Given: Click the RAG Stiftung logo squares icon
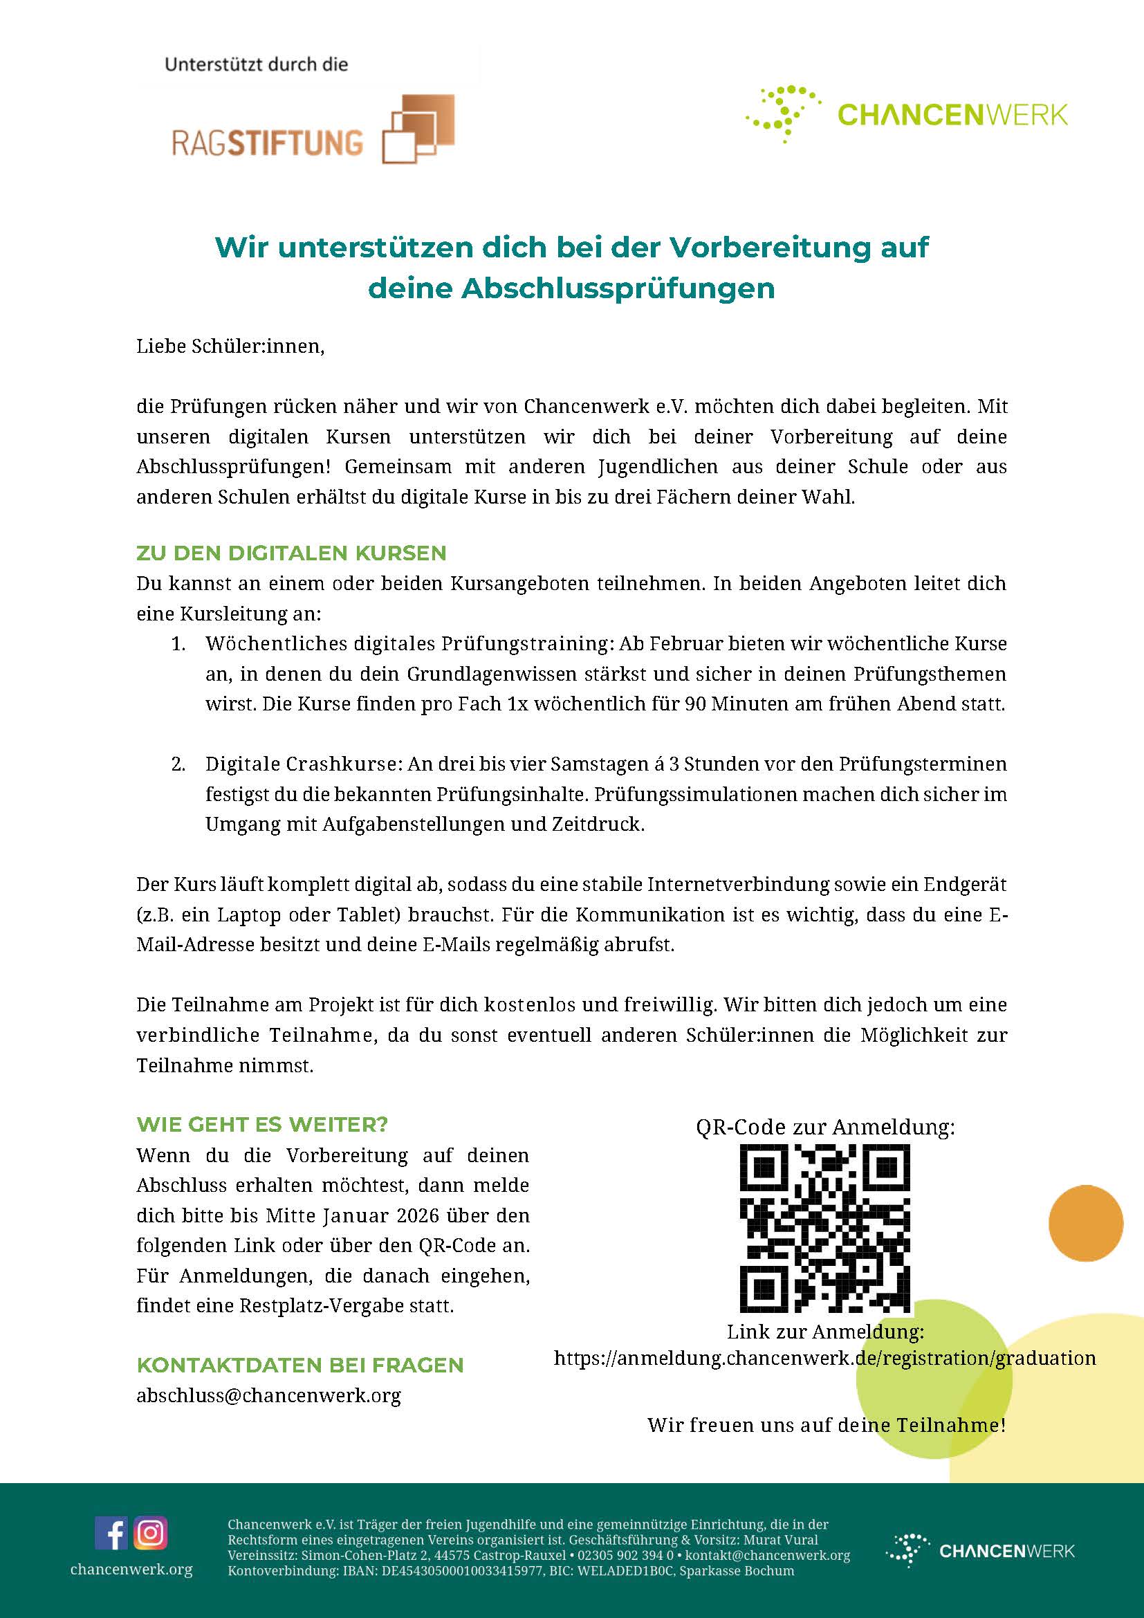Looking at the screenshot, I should click(x=418, y=129).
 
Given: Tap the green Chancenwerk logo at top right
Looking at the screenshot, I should click(x=907, y=115).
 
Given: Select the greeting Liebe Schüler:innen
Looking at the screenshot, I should click(x=230, y=347).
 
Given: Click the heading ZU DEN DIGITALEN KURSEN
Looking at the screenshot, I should click(x=291, y=553).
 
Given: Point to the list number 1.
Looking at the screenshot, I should click(x=178, y=644).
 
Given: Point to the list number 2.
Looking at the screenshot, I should click(x=178, y=764).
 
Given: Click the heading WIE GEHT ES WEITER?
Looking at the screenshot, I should click(x=262, y=1124).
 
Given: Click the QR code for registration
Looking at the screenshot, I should click(x=824, y=1229).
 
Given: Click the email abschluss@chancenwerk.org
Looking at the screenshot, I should click(x=268, y=1395).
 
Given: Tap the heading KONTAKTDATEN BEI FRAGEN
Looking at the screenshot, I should click(x=300, y=1365).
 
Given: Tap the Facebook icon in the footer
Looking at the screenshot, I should click(x=111, y=1534).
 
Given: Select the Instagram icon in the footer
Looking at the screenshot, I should click(x=150, y=1534).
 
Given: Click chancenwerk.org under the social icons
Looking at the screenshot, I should click(x=131, y=1569).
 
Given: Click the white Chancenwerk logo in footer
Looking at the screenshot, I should click(x=979, y=1550).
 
